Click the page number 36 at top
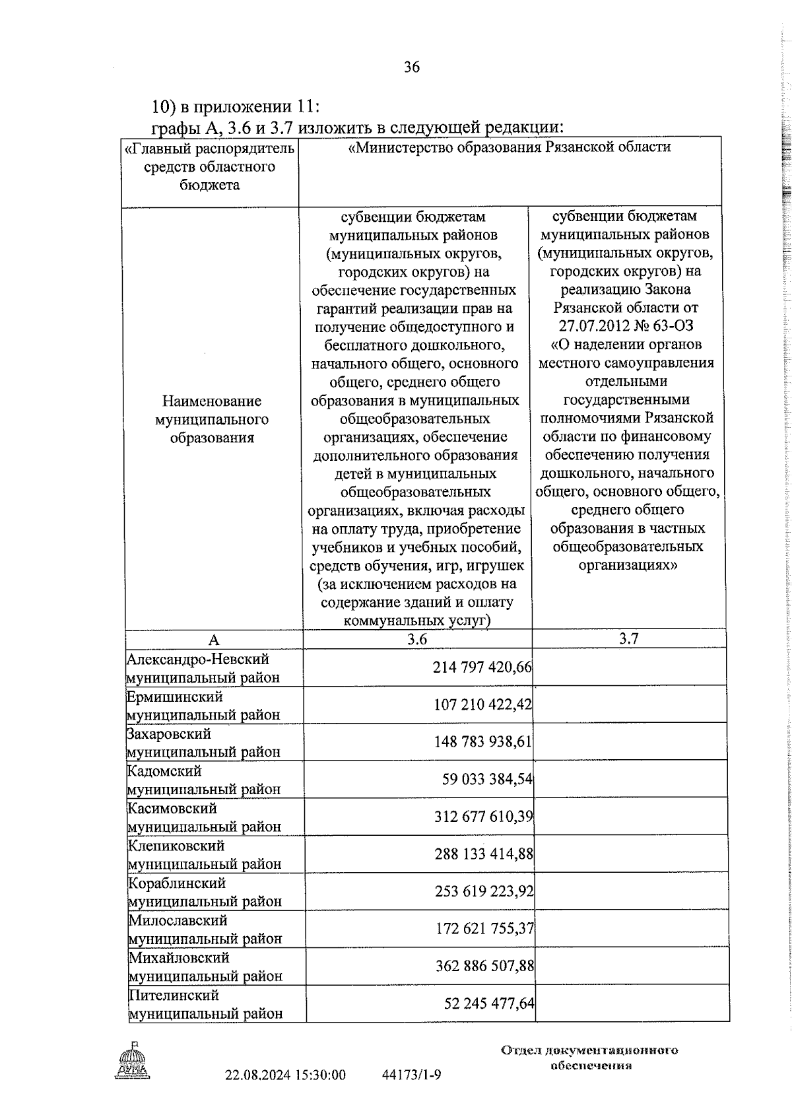pos(411,67)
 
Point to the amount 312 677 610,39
pos(483,817)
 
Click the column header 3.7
pos(628,638)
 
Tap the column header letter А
pos(213,640)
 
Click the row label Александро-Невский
pos(198,659)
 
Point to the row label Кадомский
pos(164,771)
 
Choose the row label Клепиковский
pos(176,846)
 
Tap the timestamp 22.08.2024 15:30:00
pos(285,1075)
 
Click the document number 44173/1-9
pos(411,1075)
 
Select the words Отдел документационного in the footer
pos(589,1050)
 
